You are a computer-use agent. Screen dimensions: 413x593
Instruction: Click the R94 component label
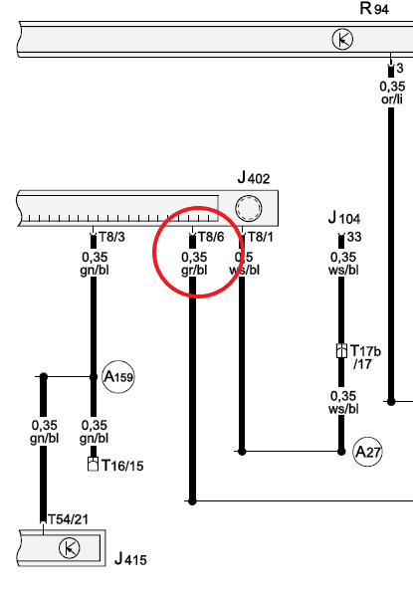pyautogui.click(x=374, y=8)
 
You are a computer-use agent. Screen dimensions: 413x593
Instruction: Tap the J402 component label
pyautogui.click(x=254, y=177)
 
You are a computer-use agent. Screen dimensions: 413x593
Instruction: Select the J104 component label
pyautogui.click(x=344, y=218)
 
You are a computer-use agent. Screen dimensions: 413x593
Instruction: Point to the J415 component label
pyautogui.click(x=130, y=558)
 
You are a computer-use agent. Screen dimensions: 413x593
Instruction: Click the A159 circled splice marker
pyautogui.click(x=118, y=377)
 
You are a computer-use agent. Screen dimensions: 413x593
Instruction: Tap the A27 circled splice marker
pyautogui.click(x=367, y=452)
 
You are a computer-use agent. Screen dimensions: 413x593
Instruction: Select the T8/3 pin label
pyautogui.click(x=111, y=237)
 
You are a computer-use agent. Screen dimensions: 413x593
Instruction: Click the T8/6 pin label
pyautogui.click(x=211, y=237)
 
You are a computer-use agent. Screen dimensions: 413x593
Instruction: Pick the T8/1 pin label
pyautogui.click(x=260, y=237)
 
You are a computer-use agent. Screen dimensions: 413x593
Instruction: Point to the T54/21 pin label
pyautogui.click(x=68, y=519)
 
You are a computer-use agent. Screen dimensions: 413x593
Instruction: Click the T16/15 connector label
pyautogui.click(x=123, y=466)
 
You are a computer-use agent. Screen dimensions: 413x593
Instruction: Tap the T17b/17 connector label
pyautogui.click(x=365, y=357)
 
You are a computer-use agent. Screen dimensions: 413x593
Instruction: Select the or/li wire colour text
pyautogui.click(x=392, y=99)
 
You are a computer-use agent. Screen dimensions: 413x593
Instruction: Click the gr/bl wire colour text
pyautogui.click(x=194, y=270)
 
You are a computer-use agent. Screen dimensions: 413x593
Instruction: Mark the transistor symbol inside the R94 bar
pyautogui.click(x=342, y=40)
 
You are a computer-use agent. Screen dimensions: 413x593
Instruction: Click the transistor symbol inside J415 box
pyautogui.click(x=70, y=548)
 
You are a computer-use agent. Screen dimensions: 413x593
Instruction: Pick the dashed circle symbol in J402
pyautogui.click(x=249, y=208)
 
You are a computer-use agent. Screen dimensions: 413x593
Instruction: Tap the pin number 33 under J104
pyautogui.click(x=354, y=237)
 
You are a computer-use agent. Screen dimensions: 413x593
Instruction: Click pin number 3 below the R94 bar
pyautogui.click(x=400, y=69)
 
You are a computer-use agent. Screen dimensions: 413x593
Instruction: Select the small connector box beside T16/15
pyautogui.click(x=93, y=464)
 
